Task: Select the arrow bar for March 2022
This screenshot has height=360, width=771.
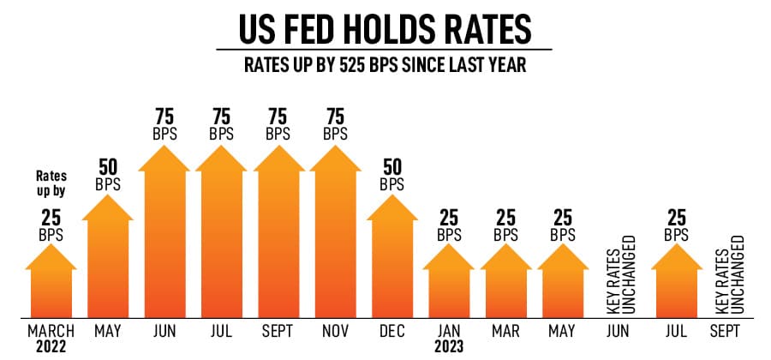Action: pos(51,283)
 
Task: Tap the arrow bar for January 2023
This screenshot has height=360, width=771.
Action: pos(448,283)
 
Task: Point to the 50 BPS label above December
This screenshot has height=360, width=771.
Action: pos(391,175)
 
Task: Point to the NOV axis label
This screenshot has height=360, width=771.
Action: pos(335,331)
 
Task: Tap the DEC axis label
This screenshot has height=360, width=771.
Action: pos(391,331)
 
